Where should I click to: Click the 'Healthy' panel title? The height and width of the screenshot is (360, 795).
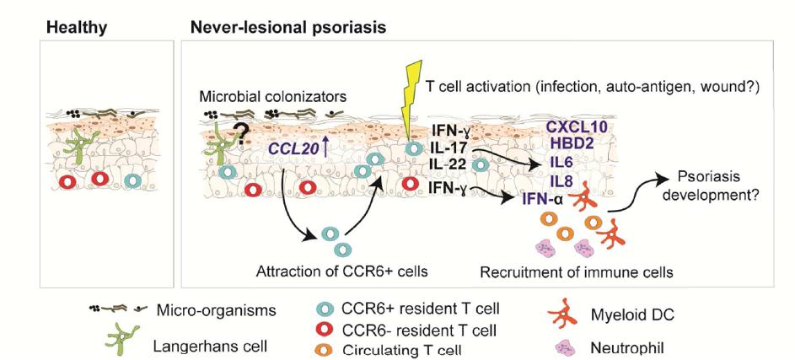coord(76,27)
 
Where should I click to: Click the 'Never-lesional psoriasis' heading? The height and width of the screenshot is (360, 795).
coord(287,27)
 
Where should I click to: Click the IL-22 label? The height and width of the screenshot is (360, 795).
coord(447,162)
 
